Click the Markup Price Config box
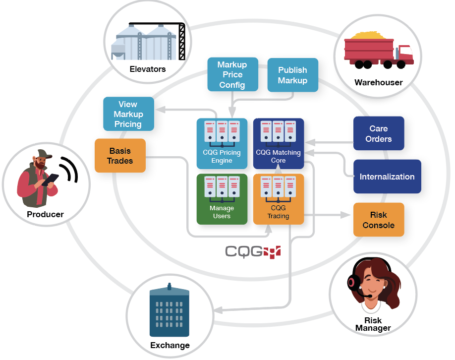232,74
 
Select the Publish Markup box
292,75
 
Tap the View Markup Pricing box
128,114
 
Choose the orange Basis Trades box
120,155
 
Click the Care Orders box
379,133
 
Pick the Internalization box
387,177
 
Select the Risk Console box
379,220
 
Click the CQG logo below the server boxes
253,251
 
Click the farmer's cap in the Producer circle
43,154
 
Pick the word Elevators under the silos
148,69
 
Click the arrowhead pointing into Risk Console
347,215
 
